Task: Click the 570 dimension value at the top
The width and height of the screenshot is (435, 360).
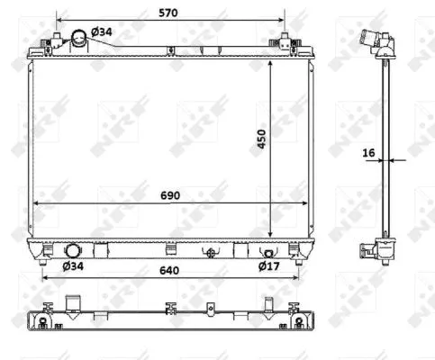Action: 168,13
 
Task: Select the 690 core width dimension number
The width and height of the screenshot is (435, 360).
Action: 170,195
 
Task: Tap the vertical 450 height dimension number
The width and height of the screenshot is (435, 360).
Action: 261,139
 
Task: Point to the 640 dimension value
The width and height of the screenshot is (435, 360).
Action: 169,270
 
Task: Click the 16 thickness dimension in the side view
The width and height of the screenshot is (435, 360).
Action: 368,153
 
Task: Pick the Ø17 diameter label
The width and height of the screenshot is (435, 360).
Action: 268,265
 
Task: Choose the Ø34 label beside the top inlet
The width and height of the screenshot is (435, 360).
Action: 102,31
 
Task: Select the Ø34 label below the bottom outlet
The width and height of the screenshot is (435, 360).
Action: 73,265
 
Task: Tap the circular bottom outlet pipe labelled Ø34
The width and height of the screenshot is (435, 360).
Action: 73,251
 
